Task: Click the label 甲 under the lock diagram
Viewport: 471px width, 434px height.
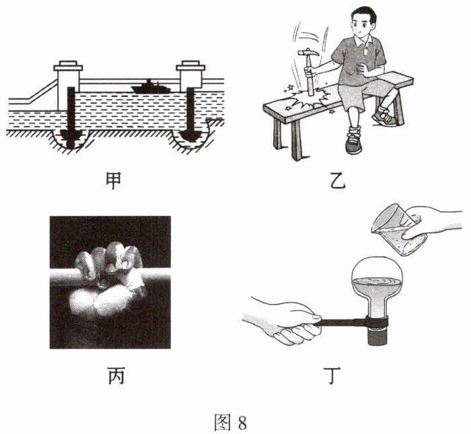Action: (114, 181)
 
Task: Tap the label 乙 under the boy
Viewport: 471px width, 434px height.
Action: (338, 181)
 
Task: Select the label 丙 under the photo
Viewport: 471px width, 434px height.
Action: (116, 375)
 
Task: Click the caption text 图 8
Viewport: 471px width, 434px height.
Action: (230, 422)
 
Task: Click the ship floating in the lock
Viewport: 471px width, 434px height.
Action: (151, 87)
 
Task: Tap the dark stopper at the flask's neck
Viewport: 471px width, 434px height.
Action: (377, 338)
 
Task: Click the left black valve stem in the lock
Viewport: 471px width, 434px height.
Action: (71, 117)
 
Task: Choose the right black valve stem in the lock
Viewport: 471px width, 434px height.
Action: (190, 114)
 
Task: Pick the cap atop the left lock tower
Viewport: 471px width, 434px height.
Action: (68, 66)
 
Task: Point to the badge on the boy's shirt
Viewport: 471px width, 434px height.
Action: (365, 51)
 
